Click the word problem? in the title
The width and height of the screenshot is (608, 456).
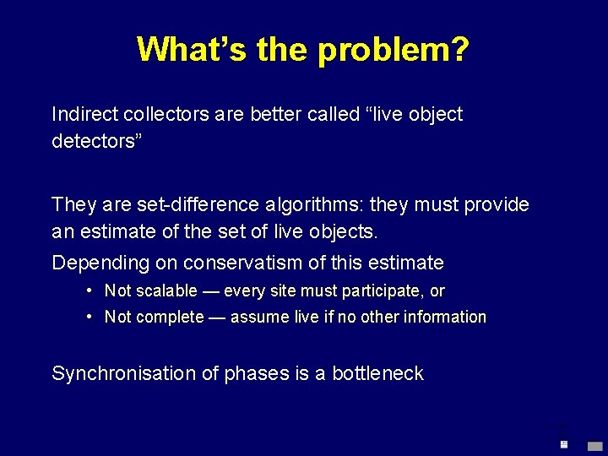(394, 50)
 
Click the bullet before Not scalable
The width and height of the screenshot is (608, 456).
(89, 291)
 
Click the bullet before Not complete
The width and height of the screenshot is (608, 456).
(89, 318)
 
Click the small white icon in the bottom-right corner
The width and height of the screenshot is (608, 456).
(563, 443)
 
